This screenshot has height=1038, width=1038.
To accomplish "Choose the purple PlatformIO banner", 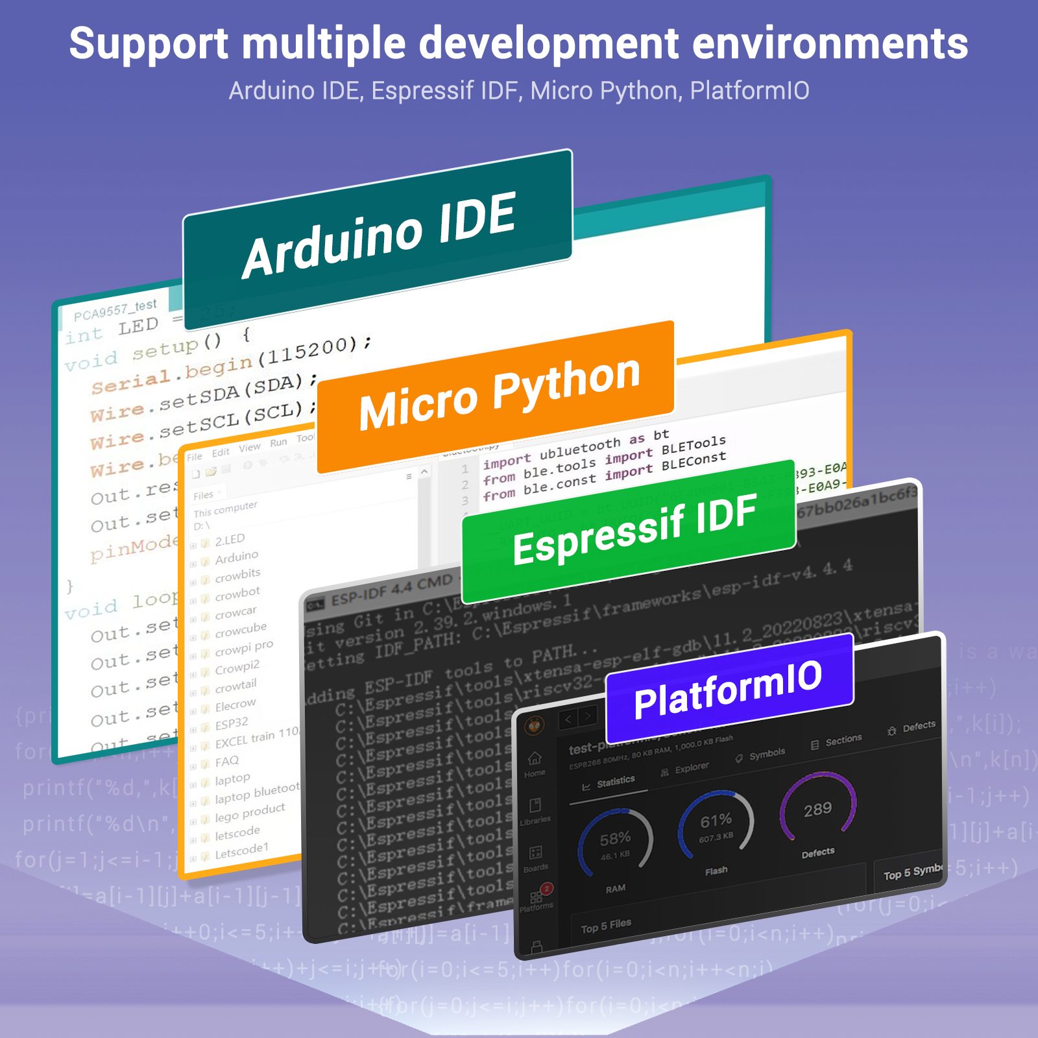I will pyautogui.click(x=728, y=688).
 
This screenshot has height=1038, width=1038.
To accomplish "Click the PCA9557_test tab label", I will pyautogui.click(x=115, y=310).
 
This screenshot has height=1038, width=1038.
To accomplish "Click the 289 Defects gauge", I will pyautogui.click(x=817, y=808).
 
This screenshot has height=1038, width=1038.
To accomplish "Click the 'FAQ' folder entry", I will pyautogui.click(x=226, y=761).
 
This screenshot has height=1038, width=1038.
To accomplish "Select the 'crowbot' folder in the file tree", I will pyautogui.click(x=237, y=593).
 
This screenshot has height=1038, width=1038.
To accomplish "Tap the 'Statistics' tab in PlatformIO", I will pyautogui.click(x=614, y=781).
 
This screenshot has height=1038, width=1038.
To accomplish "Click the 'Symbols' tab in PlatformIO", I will pyautogui.click(x=766, y=754).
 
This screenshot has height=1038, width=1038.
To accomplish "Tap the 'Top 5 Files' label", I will pyautogui.click(x=605, y=926).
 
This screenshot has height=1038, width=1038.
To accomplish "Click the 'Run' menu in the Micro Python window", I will pyautogui.click(x=278, y=442).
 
